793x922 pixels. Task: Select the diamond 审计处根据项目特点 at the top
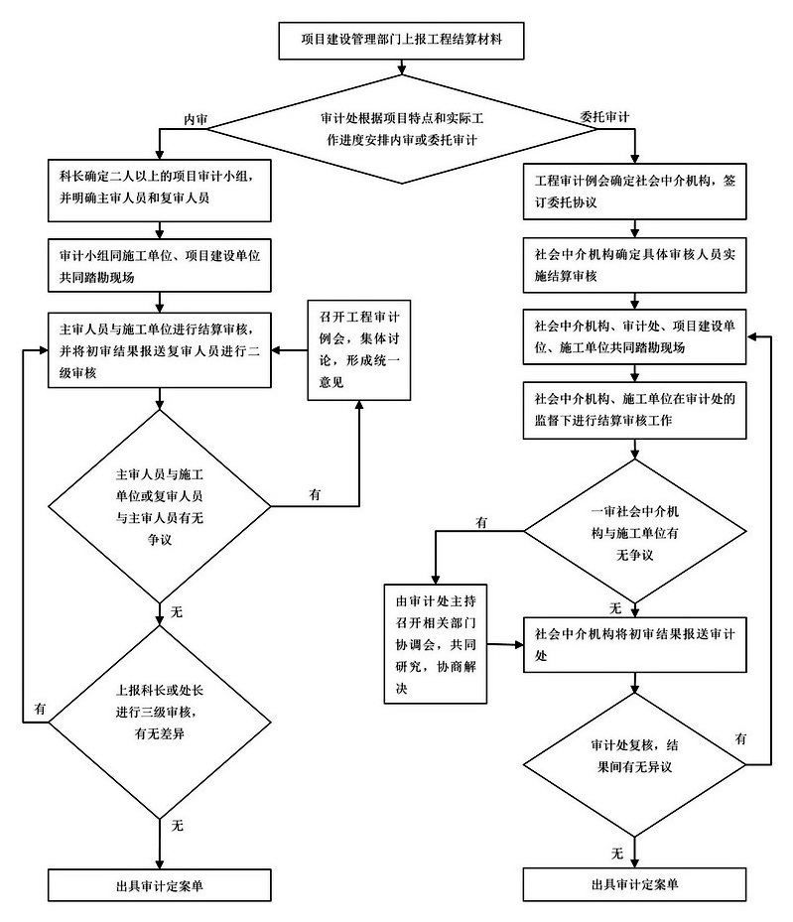pyautogui.click(x=402, y=129)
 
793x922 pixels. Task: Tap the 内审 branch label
pyautogui.click(x=195, y=118)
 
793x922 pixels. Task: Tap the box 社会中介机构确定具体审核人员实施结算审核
pyautogui.click(x=635, y=263)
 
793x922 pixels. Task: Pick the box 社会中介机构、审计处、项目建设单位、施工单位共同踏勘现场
pyautogui.click(x=635, y=337)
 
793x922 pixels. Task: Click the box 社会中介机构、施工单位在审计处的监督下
pyautogui.click(x=635, y=410)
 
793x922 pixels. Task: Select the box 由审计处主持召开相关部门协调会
pyautogui.click(x=436, y=643)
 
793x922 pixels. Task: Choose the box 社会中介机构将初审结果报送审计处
pyautogui.click(x=635, y=643)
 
